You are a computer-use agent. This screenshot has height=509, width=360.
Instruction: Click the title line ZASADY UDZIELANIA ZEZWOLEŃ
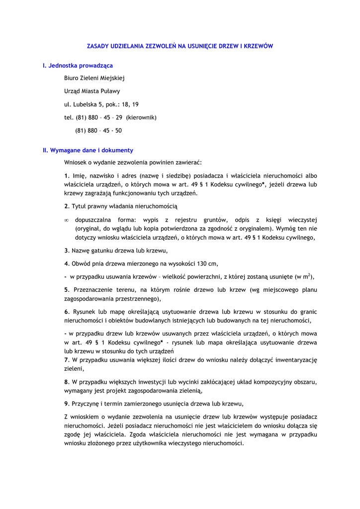point(180,46)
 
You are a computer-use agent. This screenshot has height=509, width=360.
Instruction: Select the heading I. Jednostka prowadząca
point(78,65)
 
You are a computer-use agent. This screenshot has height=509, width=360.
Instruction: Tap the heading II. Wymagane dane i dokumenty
point(88,150)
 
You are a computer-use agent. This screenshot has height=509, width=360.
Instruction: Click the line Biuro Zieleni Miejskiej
point(94,78)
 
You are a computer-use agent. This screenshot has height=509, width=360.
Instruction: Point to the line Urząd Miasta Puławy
point(92,91)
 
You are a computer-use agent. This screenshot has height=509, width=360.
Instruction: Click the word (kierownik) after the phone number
point(141,117)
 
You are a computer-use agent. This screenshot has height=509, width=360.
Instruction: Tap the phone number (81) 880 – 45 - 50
point(98,131)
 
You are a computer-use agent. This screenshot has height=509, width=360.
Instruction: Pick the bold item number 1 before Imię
point(66,175)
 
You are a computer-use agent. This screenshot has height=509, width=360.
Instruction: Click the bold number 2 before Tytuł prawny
point(66,206)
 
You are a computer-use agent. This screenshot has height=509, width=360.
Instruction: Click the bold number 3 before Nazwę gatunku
point(66,251)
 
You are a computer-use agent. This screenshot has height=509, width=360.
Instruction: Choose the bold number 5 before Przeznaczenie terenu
point(66,290)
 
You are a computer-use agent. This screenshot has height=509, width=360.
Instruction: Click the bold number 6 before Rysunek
point(66,312)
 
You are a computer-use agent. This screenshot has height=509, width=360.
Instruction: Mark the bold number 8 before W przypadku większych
point(66,382)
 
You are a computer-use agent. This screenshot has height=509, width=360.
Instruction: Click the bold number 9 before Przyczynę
point(66,404)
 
